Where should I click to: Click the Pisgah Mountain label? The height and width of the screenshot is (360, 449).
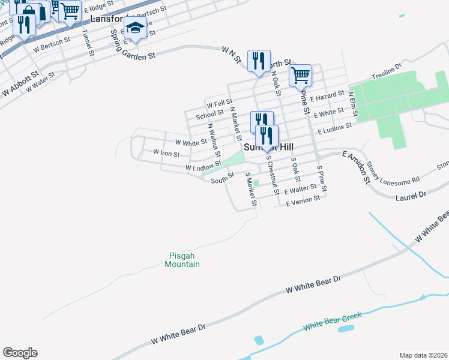click(x=182, y=259)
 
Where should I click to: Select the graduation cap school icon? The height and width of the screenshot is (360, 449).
click(x=136, y=28)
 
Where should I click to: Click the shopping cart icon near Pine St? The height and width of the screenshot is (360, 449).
click(x=300, y=76)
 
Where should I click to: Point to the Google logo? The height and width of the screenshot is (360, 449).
click(x=20, y=353)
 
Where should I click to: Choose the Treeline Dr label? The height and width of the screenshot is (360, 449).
click(x=387, y=72)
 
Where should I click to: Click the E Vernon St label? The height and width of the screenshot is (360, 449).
click(x=303, y=203)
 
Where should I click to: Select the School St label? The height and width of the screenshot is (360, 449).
click(x=209, y=114)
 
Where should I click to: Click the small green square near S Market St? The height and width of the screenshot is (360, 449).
click(x=256, y=183)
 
